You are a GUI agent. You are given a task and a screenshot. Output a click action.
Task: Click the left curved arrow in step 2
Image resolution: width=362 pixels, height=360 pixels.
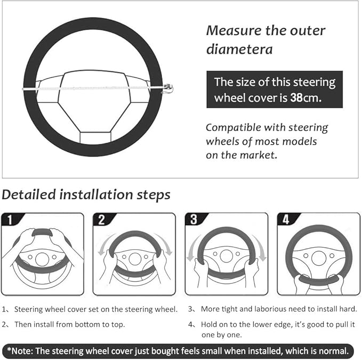[x=103, y=247]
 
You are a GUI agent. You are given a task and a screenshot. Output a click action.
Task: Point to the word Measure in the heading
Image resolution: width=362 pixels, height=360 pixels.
[x=232, y=30]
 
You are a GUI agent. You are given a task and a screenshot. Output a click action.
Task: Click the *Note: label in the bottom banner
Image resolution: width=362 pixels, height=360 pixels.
[x=21, y=351]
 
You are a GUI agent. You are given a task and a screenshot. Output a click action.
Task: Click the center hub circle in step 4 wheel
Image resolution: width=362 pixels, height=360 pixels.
[x=319, y=258]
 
